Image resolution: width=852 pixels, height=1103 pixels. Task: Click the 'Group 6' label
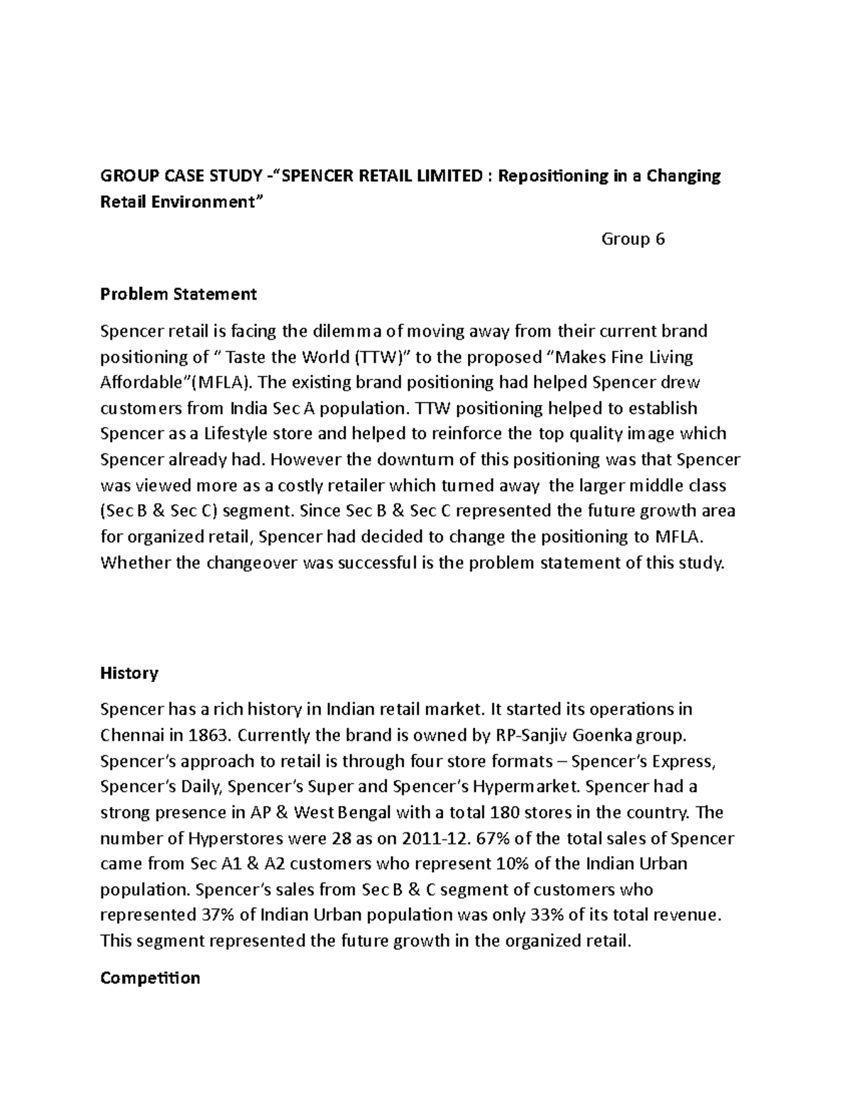coord(633,239)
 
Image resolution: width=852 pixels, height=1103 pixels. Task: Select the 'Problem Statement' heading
coord(178,293)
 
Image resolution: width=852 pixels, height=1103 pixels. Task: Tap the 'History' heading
coord(129,673)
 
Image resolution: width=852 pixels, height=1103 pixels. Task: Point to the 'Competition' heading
coord(150,978)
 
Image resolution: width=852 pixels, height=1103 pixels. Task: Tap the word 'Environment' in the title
coord(203,202)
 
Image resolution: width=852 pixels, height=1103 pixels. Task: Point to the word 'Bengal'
coord(361,812)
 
